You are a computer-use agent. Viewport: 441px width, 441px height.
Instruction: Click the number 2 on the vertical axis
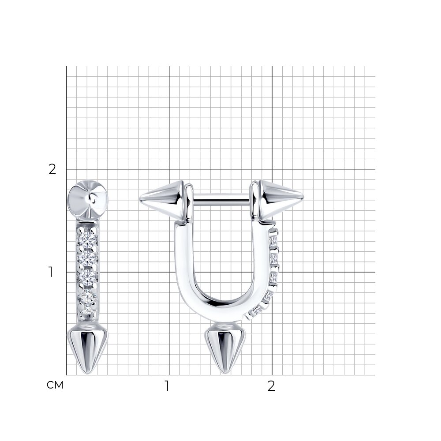[52, 169]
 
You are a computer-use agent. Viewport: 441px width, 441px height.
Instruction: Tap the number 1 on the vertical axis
[51, 272]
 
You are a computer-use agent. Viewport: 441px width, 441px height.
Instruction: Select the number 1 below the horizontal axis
[167, 386]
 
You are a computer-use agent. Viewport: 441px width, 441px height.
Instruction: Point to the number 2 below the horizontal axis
[271, 386]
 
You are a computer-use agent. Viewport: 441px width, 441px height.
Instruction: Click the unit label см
[55, 385]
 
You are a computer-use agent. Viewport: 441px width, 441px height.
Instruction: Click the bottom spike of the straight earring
[88, 349]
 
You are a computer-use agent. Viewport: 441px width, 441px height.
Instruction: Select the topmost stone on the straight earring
[87, 238]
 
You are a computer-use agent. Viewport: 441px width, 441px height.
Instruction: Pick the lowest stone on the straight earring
[87, 310]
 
